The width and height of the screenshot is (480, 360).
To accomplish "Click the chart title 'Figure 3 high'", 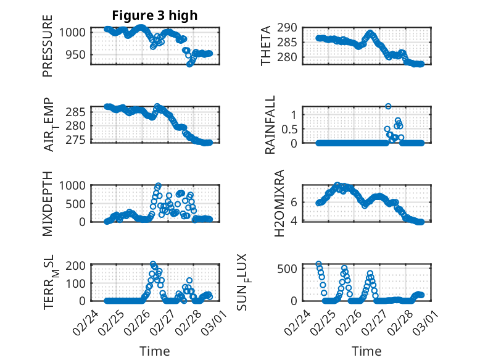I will (154, 15).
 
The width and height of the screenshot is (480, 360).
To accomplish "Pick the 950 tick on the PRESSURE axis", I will (78, 54).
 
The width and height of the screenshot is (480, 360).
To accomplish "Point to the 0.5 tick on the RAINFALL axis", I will (291, 128).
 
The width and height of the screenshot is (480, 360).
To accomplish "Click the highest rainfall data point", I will (388, 106).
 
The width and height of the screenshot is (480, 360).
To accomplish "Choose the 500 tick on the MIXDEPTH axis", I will (78, 203).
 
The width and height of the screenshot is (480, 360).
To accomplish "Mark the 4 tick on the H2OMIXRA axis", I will (294, 220).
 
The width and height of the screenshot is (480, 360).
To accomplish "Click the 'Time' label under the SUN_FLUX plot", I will (366, 351).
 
